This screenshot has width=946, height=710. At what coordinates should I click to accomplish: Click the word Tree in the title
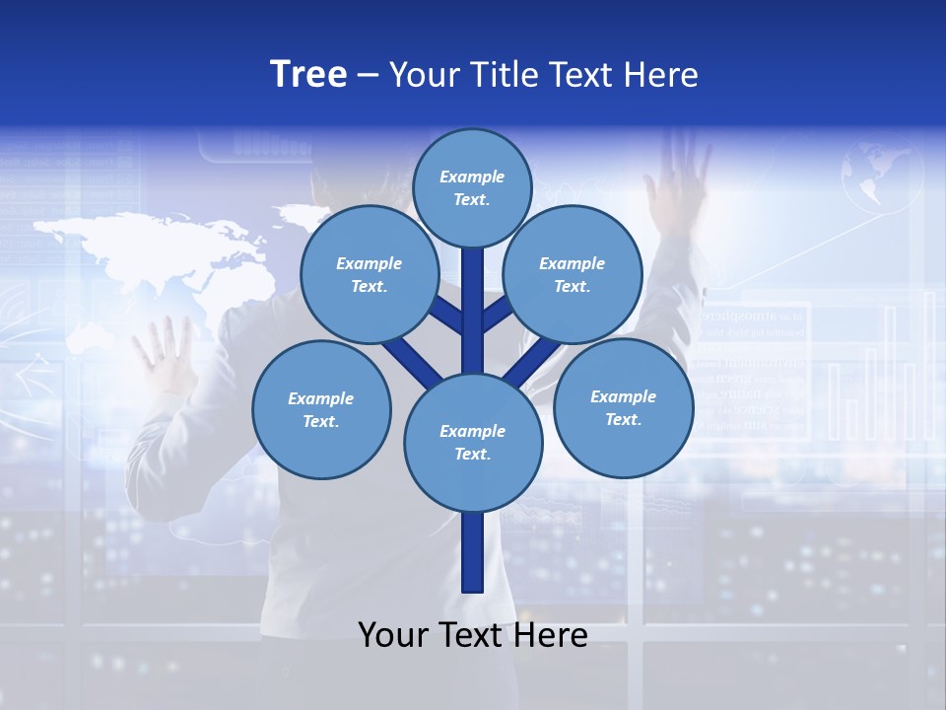click(x=308, y=74)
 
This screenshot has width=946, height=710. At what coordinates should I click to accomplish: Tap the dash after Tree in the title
click(x=369, y=76)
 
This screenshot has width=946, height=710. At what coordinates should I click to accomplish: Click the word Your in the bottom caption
click(x=394, y=635)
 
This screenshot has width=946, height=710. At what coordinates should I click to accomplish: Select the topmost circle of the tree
click(x=472, y=187)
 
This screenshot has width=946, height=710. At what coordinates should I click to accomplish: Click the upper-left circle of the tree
click(x=369, y=274)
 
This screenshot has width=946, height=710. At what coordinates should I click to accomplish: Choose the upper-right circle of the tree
click(x=573, y=274)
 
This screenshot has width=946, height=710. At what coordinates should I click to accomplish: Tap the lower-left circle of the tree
click(x=321, y=409)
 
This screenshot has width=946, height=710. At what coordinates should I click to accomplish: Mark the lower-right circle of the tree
click(x=623, y=407)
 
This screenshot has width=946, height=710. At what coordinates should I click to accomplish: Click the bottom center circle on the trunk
click(x=472, y=442)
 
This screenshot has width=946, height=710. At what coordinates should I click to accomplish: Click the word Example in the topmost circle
click(x=472, y=177)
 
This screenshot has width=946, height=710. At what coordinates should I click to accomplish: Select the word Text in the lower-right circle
click(x=623, y=419)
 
